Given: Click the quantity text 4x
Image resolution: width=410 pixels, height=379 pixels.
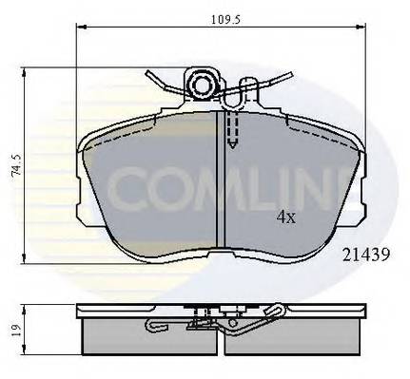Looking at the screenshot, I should (285, 217).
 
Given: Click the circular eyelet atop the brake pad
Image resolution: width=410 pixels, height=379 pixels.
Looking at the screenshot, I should (204, 86).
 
